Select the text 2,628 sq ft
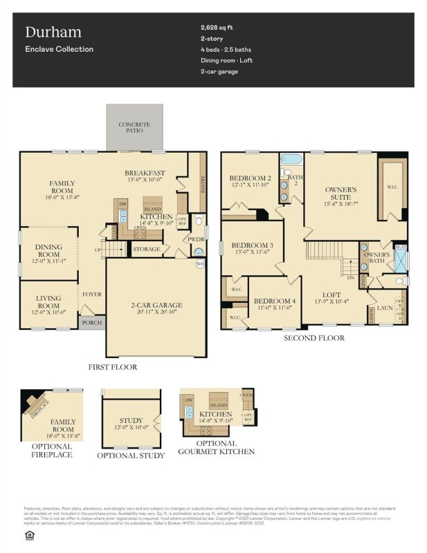218,28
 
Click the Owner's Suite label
340,192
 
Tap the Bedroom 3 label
252,245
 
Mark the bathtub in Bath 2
291,160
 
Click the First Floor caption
113,367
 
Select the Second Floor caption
314,338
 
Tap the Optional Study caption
131,456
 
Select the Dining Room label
48,251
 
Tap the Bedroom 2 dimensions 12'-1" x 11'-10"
250,185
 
